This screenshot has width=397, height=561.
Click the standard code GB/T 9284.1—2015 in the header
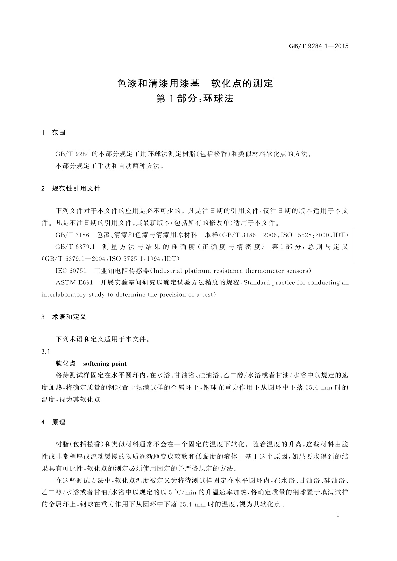click(x=318, y=46)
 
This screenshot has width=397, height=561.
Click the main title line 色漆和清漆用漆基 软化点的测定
click(x=195, y=83)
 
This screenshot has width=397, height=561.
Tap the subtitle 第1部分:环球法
click(x=195, y=99)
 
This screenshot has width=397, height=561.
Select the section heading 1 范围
click(x=53, y=133)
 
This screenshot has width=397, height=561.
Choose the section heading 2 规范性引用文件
click(x=71, y=189)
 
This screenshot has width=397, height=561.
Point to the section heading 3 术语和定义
click(x=64, y=317)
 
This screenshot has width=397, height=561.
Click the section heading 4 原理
click(x=53, y=422)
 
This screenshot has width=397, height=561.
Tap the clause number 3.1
click(x=46, y=352)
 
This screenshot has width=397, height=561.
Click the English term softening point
click(x=105, y=364)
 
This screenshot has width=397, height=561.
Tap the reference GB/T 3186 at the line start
click(x=72, y=235)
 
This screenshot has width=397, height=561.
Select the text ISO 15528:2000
click(x=306, y=235)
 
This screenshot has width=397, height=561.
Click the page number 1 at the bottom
click(x=338, y=515)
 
